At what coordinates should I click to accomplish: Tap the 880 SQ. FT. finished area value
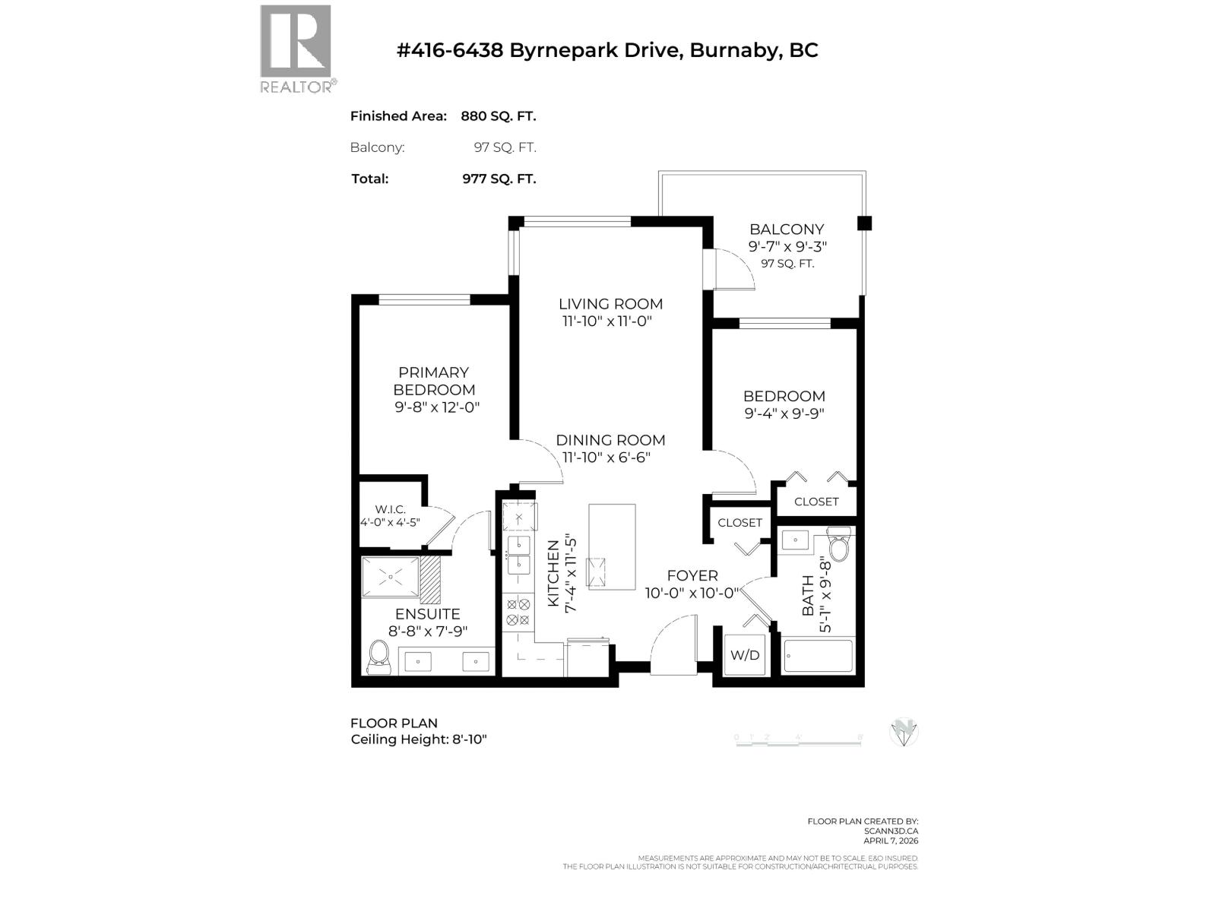(498, 116)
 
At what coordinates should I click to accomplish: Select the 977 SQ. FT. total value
(499, 179)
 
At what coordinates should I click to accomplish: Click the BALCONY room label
(787, 229)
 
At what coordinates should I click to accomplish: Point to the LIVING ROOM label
(610, 304)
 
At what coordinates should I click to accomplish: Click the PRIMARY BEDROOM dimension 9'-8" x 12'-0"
(437, 407)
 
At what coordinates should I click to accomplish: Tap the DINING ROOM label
(610, 440)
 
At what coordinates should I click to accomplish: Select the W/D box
(745, 655)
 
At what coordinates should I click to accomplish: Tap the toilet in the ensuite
(379, 657)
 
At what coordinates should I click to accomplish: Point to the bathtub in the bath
(818, 656)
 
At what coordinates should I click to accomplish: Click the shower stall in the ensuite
(391, 577)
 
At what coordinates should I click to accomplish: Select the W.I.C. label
(390, 509)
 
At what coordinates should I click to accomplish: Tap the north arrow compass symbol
(904, 732)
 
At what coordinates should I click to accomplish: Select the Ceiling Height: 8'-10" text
(419, 739)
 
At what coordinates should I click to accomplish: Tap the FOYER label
(692, 576)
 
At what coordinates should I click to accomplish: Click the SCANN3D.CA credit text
(891, 831)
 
